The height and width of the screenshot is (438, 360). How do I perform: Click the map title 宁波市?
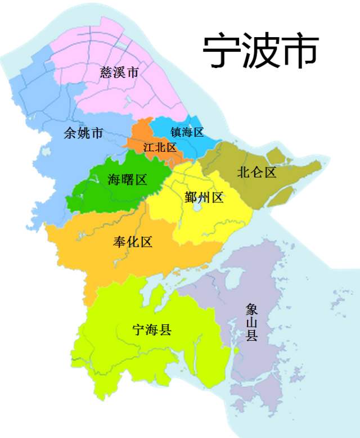261,52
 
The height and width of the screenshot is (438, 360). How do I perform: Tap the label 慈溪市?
119,72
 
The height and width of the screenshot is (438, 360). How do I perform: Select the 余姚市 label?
83,134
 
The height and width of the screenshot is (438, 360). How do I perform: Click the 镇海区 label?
187,133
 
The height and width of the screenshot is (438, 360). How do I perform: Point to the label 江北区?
160,148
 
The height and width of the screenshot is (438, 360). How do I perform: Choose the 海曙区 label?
127,180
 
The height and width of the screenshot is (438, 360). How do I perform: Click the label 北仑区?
257,173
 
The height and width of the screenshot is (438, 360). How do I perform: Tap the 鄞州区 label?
204,197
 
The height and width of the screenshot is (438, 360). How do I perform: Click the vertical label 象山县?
251,323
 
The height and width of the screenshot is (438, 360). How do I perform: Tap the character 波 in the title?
262,52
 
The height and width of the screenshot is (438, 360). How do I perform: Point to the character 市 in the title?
301,52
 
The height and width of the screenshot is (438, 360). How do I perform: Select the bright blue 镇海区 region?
169,127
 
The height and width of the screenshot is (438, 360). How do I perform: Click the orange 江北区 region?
141,138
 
